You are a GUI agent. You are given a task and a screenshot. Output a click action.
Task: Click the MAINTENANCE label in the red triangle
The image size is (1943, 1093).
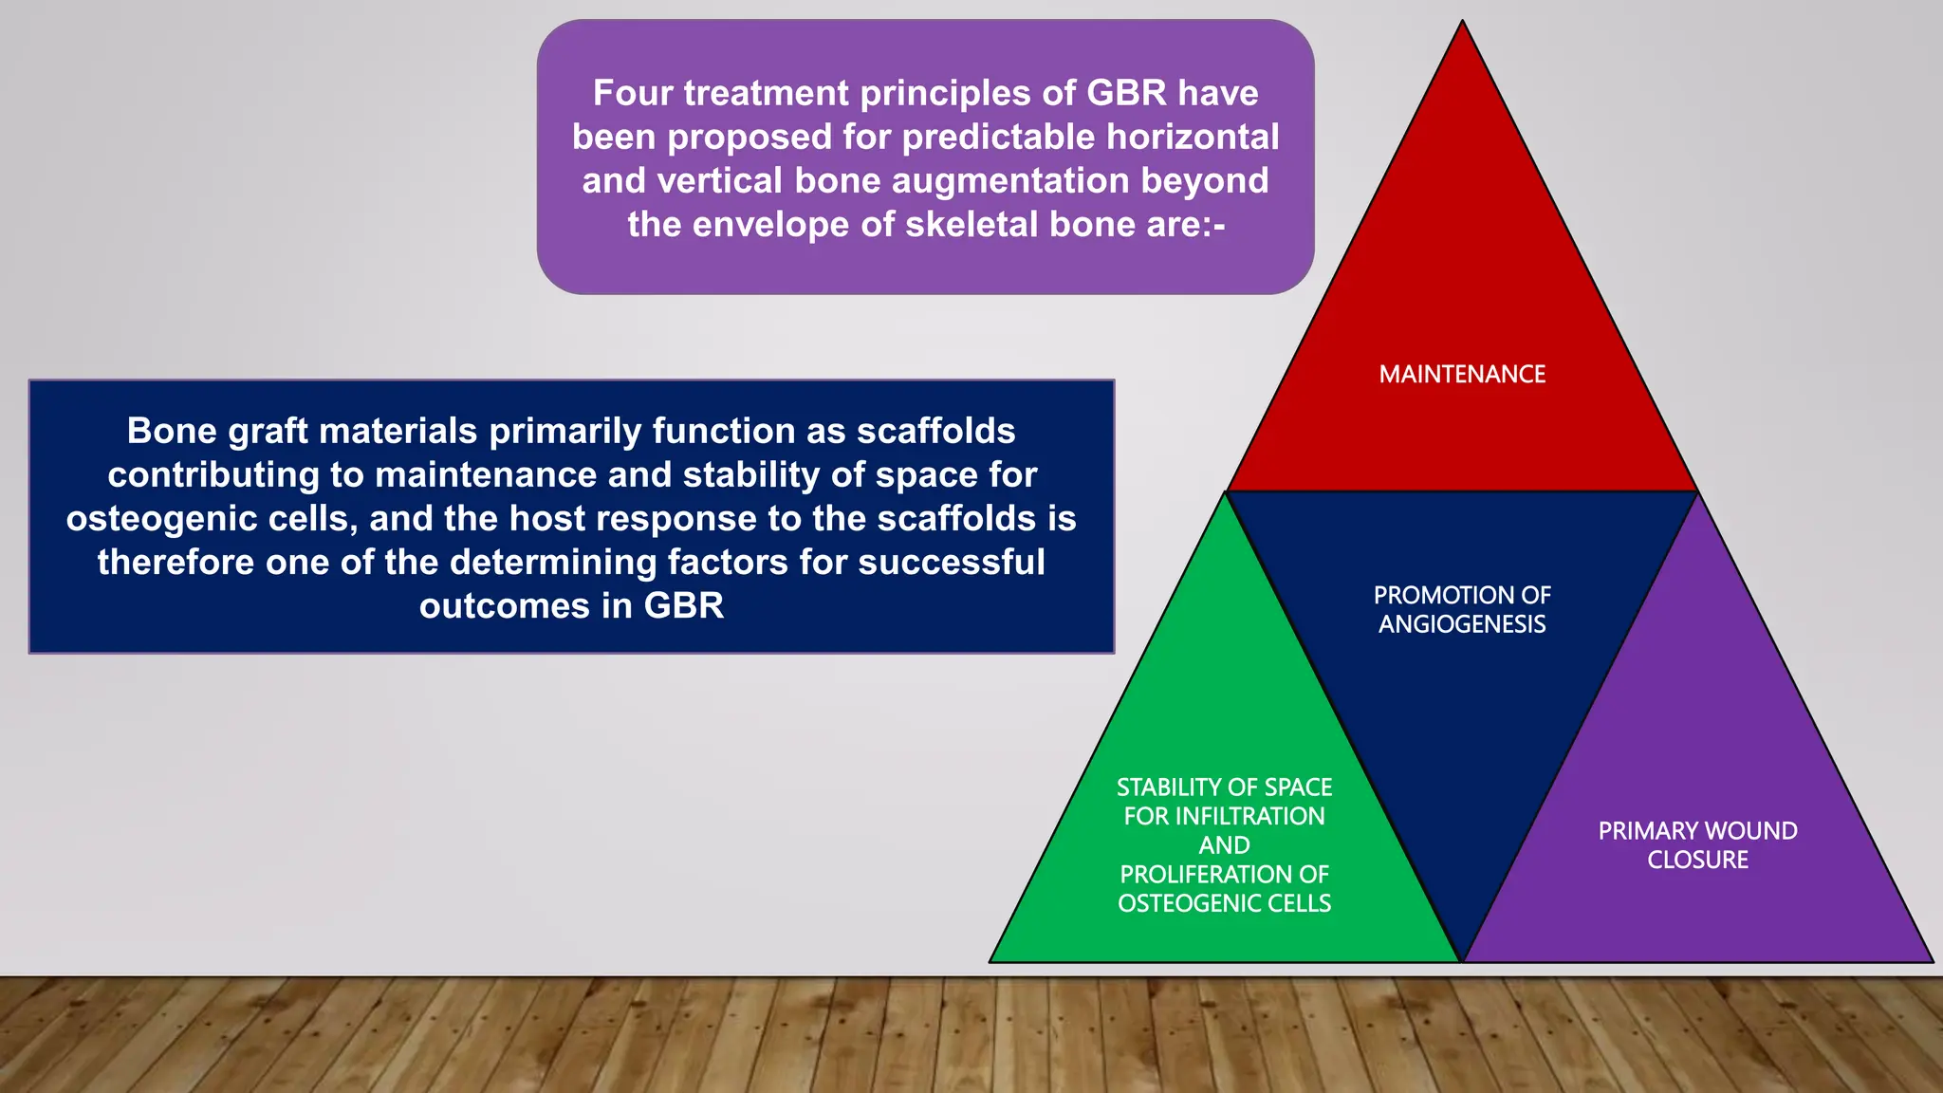click(x=1462, y=375)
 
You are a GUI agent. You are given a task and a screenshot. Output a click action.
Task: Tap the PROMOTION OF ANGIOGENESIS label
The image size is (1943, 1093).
click(x=1462, y=609)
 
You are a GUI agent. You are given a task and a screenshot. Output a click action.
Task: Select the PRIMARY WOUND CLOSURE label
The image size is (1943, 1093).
click(x=1697, y=844)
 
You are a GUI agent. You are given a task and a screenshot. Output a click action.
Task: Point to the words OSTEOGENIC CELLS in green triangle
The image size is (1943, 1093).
click(x=1224, y=903)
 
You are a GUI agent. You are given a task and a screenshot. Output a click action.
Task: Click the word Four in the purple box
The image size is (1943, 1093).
click(x=633, y=93)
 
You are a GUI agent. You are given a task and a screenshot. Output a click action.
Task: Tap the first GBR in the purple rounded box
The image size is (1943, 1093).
click(x=1126, y=93)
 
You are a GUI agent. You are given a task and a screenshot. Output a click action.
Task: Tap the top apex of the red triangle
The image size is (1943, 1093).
click(x=1462, y=24)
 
